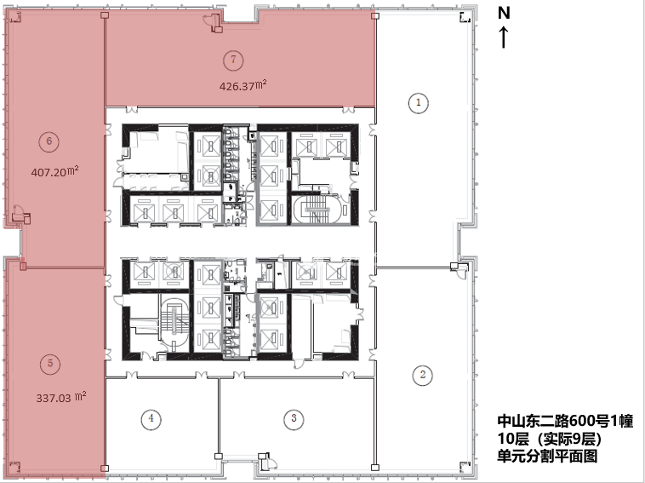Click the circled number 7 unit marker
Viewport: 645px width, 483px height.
(x=233, y=60)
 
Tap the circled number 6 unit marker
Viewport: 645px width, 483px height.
(x=49, y=141)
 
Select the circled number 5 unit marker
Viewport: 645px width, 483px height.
(x=50, y=363)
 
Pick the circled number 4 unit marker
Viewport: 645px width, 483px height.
(x=151, y=418)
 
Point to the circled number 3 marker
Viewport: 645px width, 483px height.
(x=294, y=418)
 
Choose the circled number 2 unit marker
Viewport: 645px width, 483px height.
(x=423, y=375)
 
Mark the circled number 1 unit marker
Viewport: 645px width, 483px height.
(x=419, y=102)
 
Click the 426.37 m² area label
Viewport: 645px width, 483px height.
(x=243, y=86)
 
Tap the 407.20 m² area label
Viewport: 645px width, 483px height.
(x=55, y=171)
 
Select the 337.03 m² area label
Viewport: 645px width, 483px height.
(x=61, y=397)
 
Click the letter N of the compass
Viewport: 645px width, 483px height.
(x=504, y=13)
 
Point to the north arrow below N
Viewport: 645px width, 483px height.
(x=504, y=37)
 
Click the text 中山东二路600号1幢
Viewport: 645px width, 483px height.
(x=565, y=421)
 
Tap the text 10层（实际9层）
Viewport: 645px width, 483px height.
(x=550, y=439)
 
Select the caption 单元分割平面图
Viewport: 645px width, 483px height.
(x=547, y=457)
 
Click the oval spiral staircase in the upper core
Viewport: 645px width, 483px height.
(x=316, y=209)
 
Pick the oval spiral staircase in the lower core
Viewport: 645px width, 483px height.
(x=174, y=322)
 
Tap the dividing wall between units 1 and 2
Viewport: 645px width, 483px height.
(x=414, y=267)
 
